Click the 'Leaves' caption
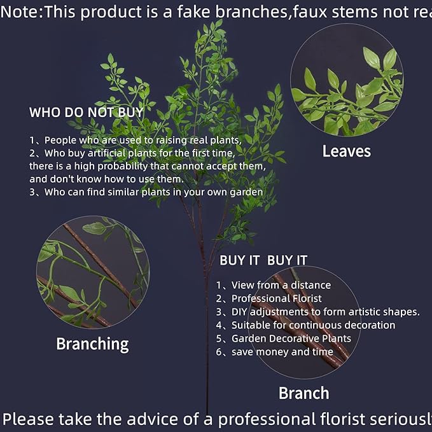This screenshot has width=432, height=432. (x=346, y=151)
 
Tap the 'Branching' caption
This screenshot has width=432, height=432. (x=92, y=344)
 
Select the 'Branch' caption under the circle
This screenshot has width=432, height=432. (x=304, y=393)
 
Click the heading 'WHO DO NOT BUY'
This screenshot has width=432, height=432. (x=86, y=113)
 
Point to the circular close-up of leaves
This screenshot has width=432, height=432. (x=347, y=80)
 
